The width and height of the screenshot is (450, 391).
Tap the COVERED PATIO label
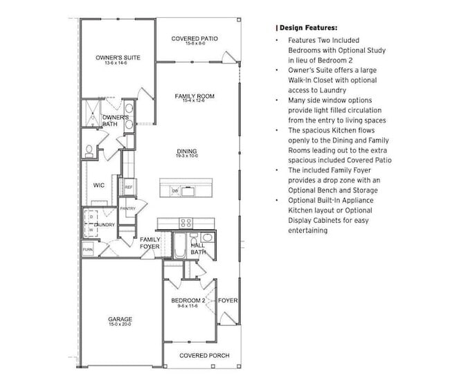195,39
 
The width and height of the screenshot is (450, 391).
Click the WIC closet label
98,185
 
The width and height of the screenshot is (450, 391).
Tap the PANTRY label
127,208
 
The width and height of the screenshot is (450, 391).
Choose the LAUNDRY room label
104,225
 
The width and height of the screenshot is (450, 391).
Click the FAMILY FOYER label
150,243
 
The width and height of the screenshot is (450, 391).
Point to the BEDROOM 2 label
188,300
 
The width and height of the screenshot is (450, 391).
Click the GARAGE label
120,319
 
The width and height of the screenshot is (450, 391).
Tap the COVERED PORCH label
204,356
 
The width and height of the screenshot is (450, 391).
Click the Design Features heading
307,28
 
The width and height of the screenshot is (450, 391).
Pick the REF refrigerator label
128,187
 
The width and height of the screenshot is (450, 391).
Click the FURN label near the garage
88,249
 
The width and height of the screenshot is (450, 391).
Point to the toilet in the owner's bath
89,149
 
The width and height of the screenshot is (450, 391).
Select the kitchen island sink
188,190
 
